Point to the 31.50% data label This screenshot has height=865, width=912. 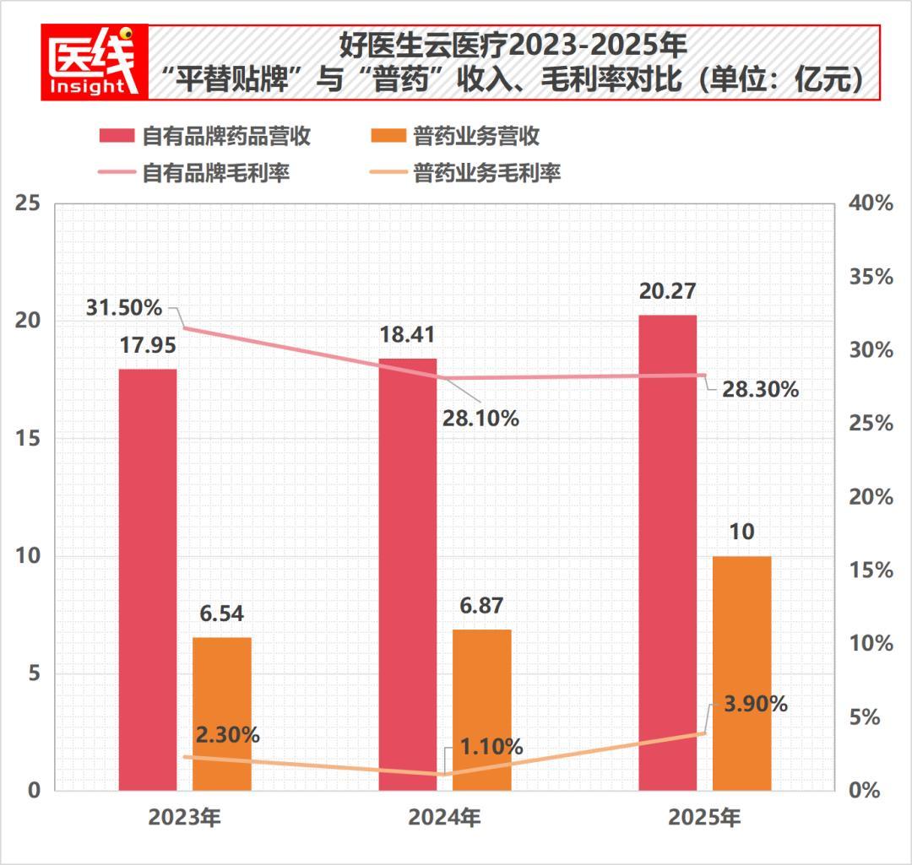click(x=124, y=307)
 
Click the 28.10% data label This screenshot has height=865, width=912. click(x=480, y=417)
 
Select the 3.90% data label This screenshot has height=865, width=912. click(x=755, y=704)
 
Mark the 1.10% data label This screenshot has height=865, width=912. click(x=491, y=747)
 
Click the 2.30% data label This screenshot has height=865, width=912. click(x=227, y=734)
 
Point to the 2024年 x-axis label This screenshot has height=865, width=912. click(x=445, y=818)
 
